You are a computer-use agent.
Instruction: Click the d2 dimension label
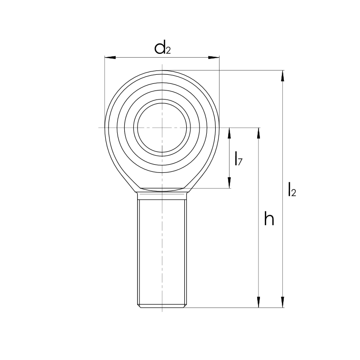click(x=162, y=48)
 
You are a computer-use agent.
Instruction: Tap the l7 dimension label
click(x=239, y=159)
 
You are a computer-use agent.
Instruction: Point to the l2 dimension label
click(x=292, y=190)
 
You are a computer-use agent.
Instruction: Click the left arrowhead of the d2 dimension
click(x=110, y=58)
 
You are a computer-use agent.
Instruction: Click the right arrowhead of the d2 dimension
click(x=214, y=58)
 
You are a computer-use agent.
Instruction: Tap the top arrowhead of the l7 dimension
click(x=229, y=133)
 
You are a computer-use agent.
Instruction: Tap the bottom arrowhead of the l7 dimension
click(x=229, y=183)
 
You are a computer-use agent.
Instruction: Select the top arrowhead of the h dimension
click(x=259, y=133)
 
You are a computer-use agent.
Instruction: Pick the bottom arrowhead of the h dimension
click(x=259, y=302)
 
